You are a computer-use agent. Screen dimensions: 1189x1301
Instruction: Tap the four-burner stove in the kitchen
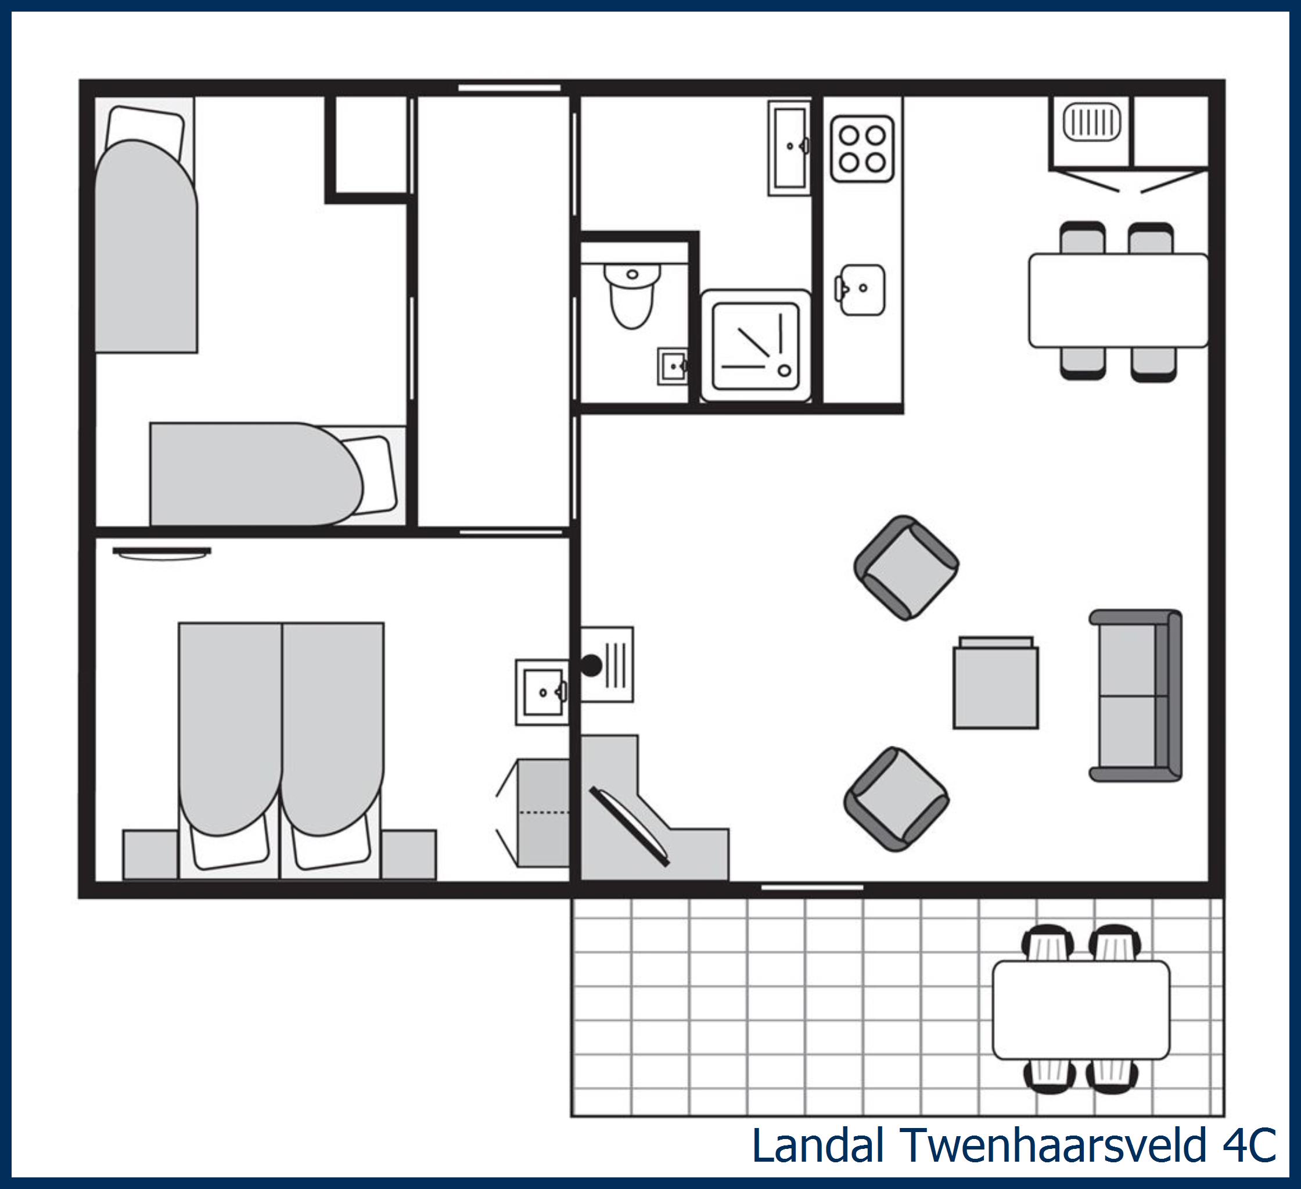(x=861, y=149)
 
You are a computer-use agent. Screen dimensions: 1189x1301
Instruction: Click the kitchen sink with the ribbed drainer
(x=1092, y=123)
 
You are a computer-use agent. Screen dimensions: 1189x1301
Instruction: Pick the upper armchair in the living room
(x=906, y=567)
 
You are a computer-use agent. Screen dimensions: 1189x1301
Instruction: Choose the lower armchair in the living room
(x=896, y=799)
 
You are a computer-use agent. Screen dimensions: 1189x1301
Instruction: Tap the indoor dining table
(x=1117, y=300)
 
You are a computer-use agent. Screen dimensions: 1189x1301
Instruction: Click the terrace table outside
(x=1081, y=1010)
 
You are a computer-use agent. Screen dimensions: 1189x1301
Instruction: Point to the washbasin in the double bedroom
(x=542, y=692)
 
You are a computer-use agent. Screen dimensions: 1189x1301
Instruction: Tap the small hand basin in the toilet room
(x=673, y=366)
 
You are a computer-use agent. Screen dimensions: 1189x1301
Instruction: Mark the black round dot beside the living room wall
(x=591, y=665)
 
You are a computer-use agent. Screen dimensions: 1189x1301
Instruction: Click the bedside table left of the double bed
(x=150, y=854)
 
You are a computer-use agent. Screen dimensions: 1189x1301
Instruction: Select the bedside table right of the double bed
(x=408, y=854)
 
